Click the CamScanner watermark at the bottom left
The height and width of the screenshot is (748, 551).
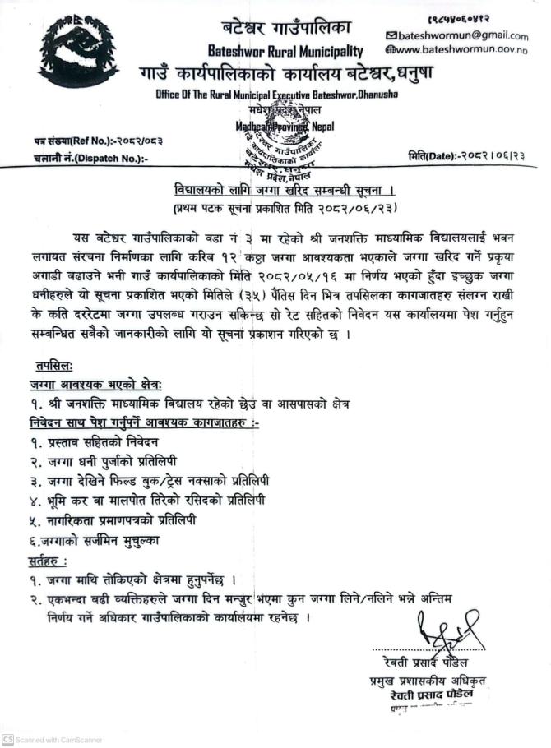click(53, 739)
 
